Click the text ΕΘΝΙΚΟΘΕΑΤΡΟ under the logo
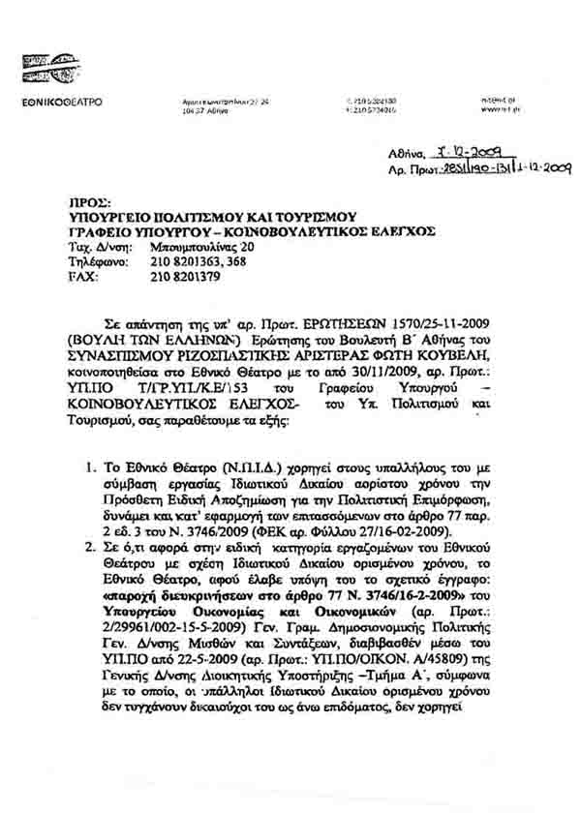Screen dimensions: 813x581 pos(63,102)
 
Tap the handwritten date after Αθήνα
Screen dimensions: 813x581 pos(464,150)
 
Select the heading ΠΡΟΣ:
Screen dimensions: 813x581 pos(77,204)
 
